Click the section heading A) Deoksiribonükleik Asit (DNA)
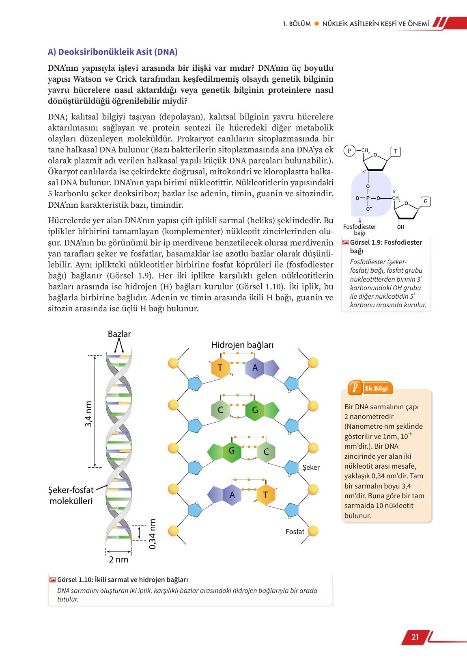pos(113,52)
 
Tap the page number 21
pos(415,636)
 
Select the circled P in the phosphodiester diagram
pos(349,151)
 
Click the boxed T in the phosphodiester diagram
pos(396,152)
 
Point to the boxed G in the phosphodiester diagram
pos(425,202)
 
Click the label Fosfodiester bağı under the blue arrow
pos(359,230)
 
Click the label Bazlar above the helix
pos(119,334)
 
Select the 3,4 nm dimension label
pos(89,414)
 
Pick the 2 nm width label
pos(118,560)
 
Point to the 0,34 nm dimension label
pos(153,534)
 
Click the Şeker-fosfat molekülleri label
pos(71,495)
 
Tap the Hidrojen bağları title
pos(242,345)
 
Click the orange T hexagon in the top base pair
pos(220,368)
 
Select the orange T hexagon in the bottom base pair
pos(266,495)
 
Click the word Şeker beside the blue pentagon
pos(311,467)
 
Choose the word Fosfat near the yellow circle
pos(295,531)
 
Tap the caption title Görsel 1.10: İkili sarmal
pos(123,580)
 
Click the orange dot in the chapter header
pos(316,24)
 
